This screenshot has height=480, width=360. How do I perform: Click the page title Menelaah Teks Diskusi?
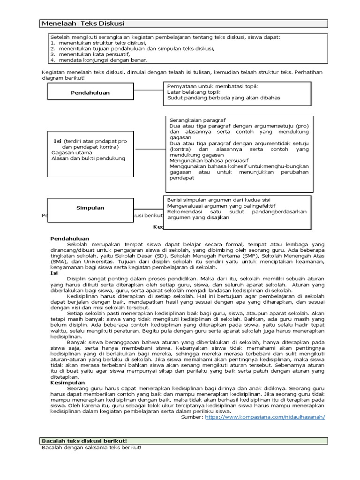(x=82, y=24)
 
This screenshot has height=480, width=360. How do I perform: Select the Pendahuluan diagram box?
(x=90, y=93)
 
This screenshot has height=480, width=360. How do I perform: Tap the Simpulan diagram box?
(x=90, y=208)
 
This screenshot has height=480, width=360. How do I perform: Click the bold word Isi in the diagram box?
(x=58, y=141)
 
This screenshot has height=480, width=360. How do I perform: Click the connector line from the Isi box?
(x=149, y=149)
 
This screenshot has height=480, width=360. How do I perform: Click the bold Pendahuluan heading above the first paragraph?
(x=69, y=239)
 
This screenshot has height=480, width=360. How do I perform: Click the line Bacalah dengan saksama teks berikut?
(x=91, y=448)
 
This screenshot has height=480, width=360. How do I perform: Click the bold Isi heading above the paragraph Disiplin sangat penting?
(x=54, y=272)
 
